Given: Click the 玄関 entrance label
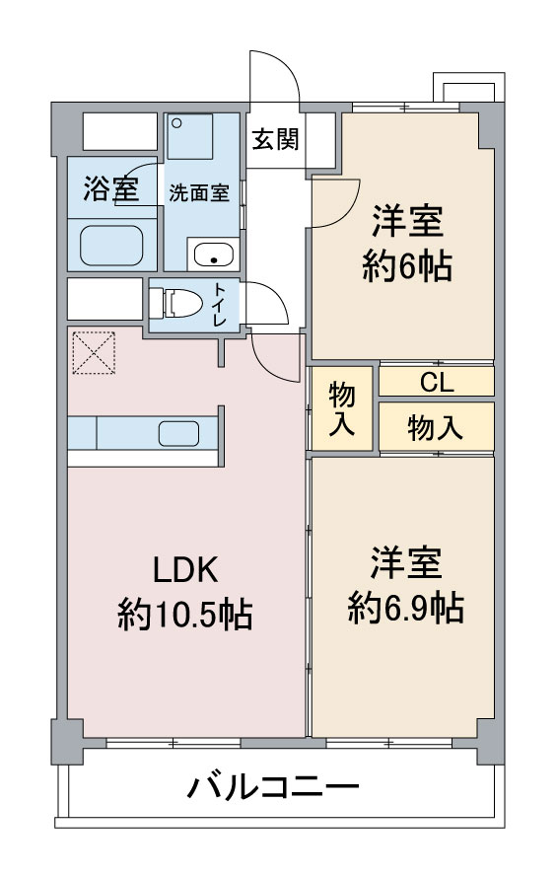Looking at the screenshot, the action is click(275, 138).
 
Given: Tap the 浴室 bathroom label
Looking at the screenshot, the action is click(110, 188).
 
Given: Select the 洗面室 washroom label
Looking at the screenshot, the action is click(199, 193).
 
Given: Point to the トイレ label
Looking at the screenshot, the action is click(219, 305).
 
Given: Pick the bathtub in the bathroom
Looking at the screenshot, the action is click(111, 246).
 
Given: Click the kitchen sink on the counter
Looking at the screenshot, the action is click(178, 433).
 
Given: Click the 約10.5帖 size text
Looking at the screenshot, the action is click(184, 615).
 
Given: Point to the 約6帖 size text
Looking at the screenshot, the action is click(407, 266).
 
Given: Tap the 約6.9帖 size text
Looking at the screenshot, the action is click(406, 608).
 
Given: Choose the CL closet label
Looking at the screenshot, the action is click(437, 383).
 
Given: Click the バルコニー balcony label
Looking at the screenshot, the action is click(273, 788).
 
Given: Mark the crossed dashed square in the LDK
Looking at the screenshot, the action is click(94, 353).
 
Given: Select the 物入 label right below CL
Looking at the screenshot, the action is click(436, 428).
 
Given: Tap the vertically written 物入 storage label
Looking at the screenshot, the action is click(342, 409).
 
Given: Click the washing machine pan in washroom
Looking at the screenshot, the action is click(190, 136).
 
